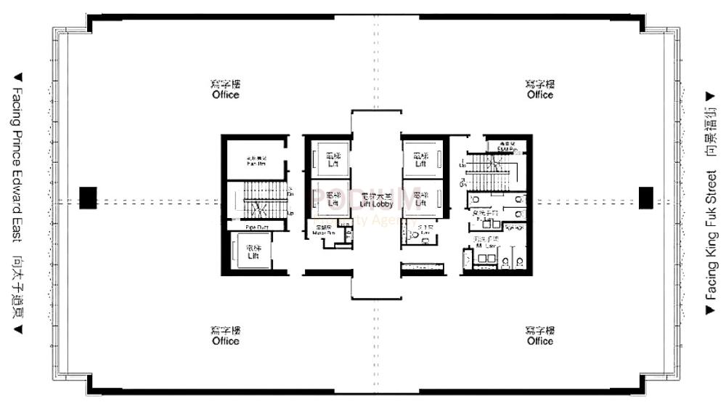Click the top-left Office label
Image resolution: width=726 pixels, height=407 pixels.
[x=225, y=94]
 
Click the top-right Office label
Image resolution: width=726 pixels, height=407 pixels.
[x=540, y=94]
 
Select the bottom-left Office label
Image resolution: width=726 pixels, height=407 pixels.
[x=226, y=341]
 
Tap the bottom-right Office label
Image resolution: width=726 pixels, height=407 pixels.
[x=540, y=341]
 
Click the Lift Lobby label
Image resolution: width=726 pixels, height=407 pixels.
[x=376, y=205]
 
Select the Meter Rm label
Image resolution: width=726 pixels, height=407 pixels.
[x=323, y=232]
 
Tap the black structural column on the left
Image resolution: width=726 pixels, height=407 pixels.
[x=88, y=198]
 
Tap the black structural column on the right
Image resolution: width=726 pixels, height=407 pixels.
[x=645, y=198]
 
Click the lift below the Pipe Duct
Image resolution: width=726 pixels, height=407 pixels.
[x=253, y=253]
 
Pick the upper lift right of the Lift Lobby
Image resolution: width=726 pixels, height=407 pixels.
[x=420, y=159]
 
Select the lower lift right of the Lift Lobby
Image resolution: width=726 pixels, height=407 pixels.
[x=420, y=199]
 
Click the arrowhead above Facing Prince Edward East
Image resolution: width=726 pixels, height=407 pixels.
[x=18, y=76]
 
